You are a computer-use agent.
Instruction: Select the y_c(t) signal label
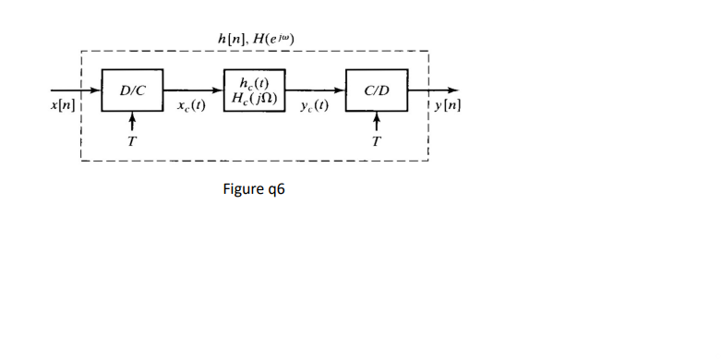click(x=314, y=107)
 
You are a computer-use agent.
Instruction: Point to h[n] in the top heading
click(x=231, y=38)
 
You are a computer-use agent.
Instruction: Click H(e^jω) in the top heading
click(x=274, y=38)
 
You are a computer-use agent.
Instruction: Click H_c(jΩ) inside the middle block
click(x=255, y=97)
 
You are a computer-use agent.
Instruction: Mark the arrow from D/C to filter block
click(x=194, y=90)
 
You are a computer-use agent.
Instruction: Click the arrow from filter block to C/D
click(x=315, y=90)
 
